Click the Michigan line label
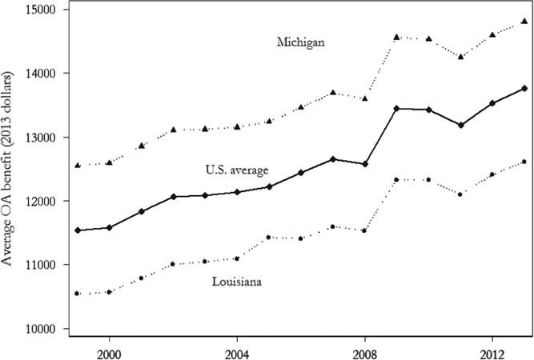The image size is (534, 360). coord(300,42)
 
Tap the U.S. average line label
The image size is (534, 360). coord(236,170)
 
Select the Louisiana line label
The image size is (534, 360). coord(239,281)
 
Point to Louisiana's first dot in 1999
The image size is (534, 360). coord(78,294)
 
